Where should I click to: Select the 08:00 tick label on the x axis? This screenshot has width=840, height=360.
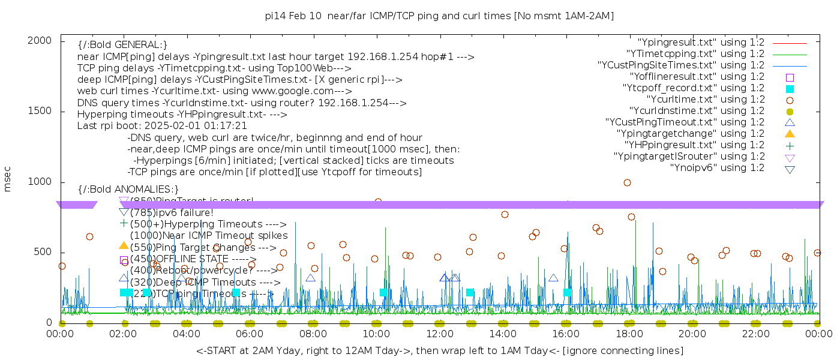[313, 334]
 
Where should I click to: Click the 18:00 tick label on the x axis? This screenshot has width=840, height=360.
[629, 334]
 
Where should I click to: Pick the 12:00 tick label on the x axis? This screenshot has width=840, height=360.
[440, 334]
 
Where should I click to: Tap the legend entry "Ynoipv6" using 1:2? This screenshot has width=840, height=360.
[717, 168]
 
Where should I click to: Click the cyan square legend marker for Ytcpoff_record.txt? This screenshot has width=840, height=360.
[790, 88]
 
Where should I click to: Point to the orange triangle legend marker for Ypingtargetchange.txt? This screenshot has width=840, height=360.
[790, 134]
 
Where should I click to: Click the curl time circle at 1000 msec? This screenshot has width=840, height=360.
[627, 183]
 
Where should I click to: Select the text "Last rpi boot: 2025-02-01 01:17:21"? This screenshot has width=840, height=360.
[162, 126]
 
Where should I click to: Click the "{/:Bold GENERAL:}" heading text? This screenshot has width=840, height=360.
[122, 46]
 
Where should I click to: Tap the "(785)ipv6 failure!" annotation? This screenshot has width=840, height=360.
[172, 212]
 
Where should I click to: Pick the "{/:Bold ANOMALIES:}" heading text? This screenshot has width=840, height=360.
[128, 190]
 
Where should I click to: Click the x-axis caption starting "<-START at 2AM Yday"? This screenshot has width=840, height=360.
[439, 350]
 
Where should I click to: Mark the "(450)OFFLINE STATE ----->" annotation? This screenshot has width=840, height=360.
[193, 259]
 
